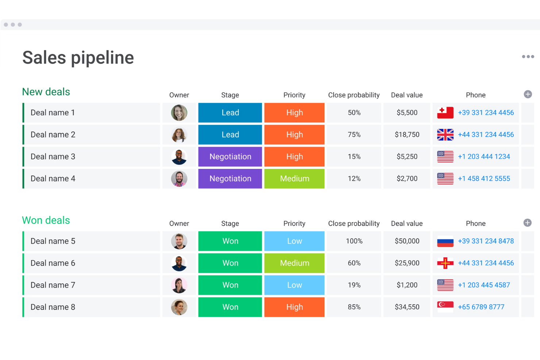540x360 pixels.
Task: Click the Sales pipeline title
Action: point(78,58)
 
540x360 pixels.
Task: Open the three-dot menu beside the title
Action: point(528,57)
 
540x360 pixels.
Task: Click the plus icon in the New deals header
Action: point(528,94)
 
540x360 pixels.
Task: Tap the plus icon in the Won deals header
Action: point(527,223)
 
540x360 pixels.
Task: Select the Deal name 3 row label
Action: point(53,157)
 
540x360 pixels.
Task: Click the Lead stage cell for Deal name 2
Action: point(230,135)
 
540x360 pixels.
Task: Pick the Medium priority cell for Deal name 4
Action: point(294,179)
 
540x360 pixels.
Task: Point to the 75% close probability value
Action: point(354,135)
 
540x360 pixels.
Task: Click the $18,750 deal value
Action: point(407,135)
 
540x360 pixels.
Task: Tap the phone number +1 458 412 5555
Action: point(484,179)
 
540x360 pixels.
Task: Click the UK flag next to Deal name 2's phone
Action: point(445,135)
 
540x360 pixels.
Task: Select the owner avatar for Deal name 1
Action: point(179,113)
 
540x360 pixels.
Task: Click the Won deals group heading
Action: point(46,220)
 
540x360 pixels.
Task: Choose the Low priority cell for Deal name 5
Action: point(294,241)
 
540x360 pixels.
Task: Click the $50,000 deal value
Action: point(407,241)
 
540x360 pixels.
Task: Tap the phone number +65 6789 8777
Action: point(481,307)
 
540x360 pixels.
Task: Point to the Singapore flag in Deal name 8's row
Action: point(445,307)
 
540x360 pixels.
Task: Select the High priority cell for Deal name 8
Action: point(294,307)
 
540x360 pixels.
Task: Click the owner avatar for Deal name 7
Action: point(179,285)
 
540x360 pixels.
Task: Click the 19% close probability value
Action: point(354,285)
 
